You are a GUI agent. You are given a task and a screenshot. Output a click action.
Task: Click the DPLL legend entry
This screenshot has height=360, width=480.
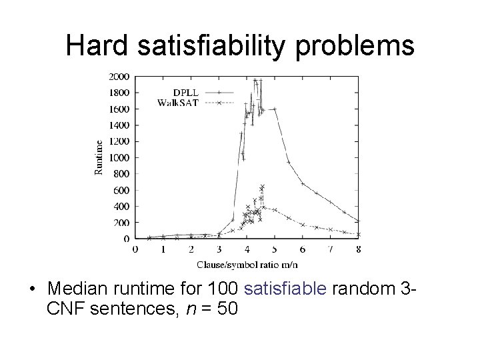coord(185,93)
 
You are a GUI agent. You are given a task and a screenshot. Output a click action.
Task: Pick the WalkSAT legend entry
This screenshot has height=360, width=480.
coord(177,103)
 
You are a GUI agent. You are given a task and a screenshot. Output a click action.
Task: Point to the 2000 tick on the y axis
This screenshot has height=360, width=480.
coord(120,76)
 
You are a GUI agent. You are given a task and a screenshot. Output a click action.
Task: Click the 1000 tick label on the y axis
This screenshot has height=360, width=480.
coord(120,157)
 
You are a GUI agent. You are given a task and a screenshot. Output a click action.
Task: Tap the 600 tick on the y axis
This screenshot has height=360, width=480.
coord(122,190)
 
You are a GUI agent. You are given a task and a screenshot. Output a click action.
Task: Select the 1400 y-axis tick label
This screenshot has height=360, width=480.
coord(120,125)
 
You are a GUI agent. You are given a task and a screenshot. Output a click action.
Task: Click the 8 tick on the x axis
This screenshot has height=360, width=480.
coord(359,249)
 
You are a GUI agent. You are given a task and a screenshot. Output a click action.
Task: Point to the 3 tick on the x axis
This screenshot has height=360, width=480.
coord(219,249)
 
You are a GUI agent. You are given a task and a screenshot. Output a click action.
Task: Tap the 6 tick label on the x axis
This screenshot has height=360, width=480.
coord(303,249)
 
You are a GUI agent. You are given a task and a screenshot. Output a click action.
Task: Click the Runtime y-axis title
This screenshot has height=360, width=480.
coord(99,157)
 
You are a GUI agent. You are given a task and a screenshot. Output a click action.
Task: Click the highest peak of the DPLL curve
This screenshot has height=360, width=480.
coord(255,80)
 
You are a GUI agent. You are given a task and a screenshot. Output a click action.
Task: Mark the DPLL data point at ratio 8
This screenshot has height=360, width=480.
coord(358,221)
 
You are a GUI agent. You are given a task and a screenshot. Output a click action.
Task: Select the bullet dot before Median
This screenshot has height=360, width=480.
coord(32,291)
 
